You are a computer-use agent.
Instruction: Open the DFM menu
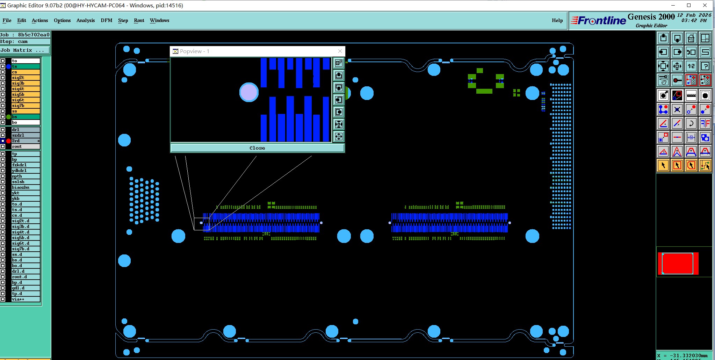(107, 20)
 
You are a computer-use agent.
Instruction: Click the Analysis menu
(86, 20)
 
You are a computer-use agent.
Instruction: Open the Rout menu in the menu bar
(139, 20)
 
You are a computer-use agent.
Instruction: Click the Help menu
(557, 20)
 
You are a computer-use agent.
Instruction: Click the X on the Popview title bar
(340, 51)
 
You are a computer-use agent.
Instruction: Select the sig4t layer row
(26, 89)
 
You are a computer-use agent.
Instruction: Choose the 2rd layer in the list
(26, 141)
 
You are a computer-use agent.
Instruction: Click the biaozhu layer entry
(26, 187)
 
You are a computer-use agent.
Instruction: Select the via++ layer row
(26, 299)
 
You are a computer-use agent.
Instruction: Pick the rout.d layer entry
(26, 277)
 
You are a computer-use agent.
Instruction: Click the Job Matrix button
(24, 50)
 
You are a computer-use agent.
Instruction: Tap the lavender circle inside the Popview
(249, 92)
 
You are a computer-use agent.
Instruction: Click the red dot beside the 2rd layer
(8, 141)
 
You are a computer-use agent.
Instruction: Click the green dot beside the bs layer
(8, 117)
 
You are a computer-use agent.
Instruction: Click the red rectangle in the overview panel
(678, 263)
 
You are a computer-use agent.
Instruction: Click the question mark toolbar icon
(705, 66)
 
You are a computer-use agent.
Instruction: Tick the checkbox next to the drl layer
(3, 130)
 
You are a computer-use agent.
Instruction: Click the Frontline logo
(599, 21)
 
